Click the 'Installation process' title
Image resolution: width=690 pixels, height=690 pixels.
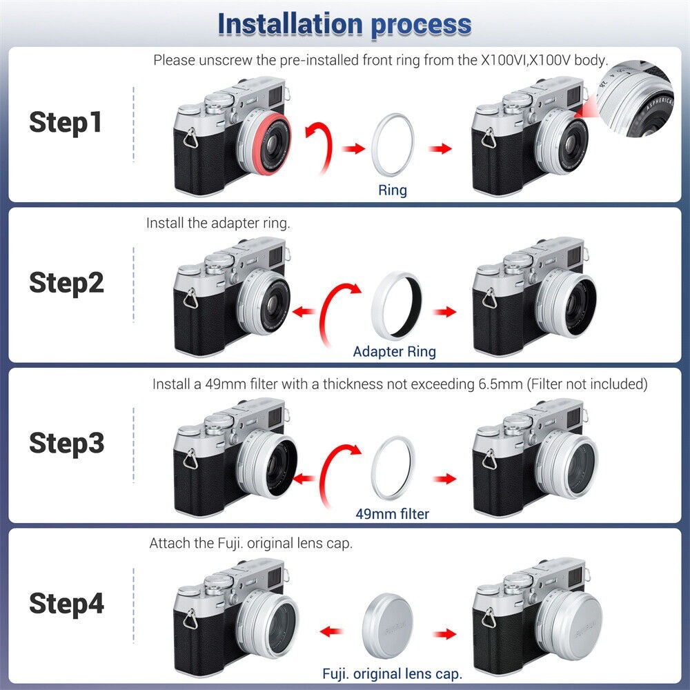coord(344,24)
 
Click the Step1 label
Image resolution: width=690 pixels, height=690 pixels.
coord(66,122)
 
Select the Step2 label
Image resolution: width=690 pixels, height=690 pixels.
coord(66,282)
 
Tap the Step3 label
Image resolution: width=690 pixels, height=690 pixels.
coord(66,443)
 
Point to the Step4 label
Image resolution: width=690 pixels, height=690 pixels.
coord(66,603)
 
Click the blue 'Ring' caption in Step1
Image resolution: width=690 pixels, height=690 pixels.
coord(393,190)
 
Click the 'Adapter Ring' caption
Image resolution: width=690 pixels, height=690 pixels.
coord(394,351)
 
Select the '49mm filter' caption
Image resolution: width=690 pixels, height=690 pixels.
coord(392,513)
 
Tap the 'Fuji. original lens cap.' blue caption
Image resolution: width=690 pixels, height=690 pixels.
coord(392,673)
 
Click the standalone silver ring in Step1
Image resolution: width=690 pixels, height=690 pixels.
coord(373,145)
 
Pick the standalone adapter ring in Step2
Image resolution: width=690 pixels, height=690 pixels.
coord(375,304)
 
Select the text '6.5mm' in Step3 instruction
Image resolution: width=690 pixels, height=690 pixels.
coord(500,384)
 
